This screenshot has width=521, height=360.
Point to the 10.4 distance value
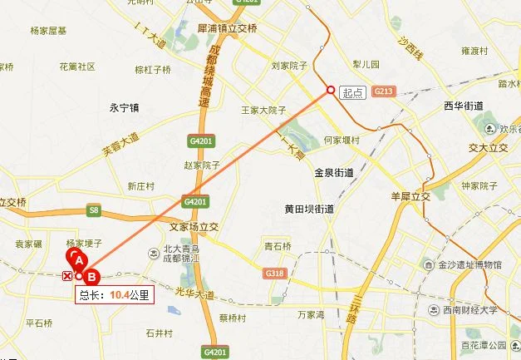point(120,294)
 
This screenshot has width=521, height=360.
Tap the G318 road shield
point(274,274)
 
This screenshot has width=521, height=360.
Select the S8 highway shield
point(94,212)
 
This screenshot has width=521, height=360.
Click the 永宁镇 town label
point(125,107)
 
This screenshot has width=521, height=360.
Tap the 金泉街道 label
point(334,173)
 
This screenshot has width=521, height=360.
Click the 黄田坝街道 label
point(308,210)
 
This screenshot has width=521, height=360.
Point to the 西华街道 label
point(464,106)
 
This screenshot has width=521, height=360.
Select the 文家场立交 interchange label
point(194,225)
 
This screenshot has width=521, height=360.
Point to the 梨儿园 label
point(365,64)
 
